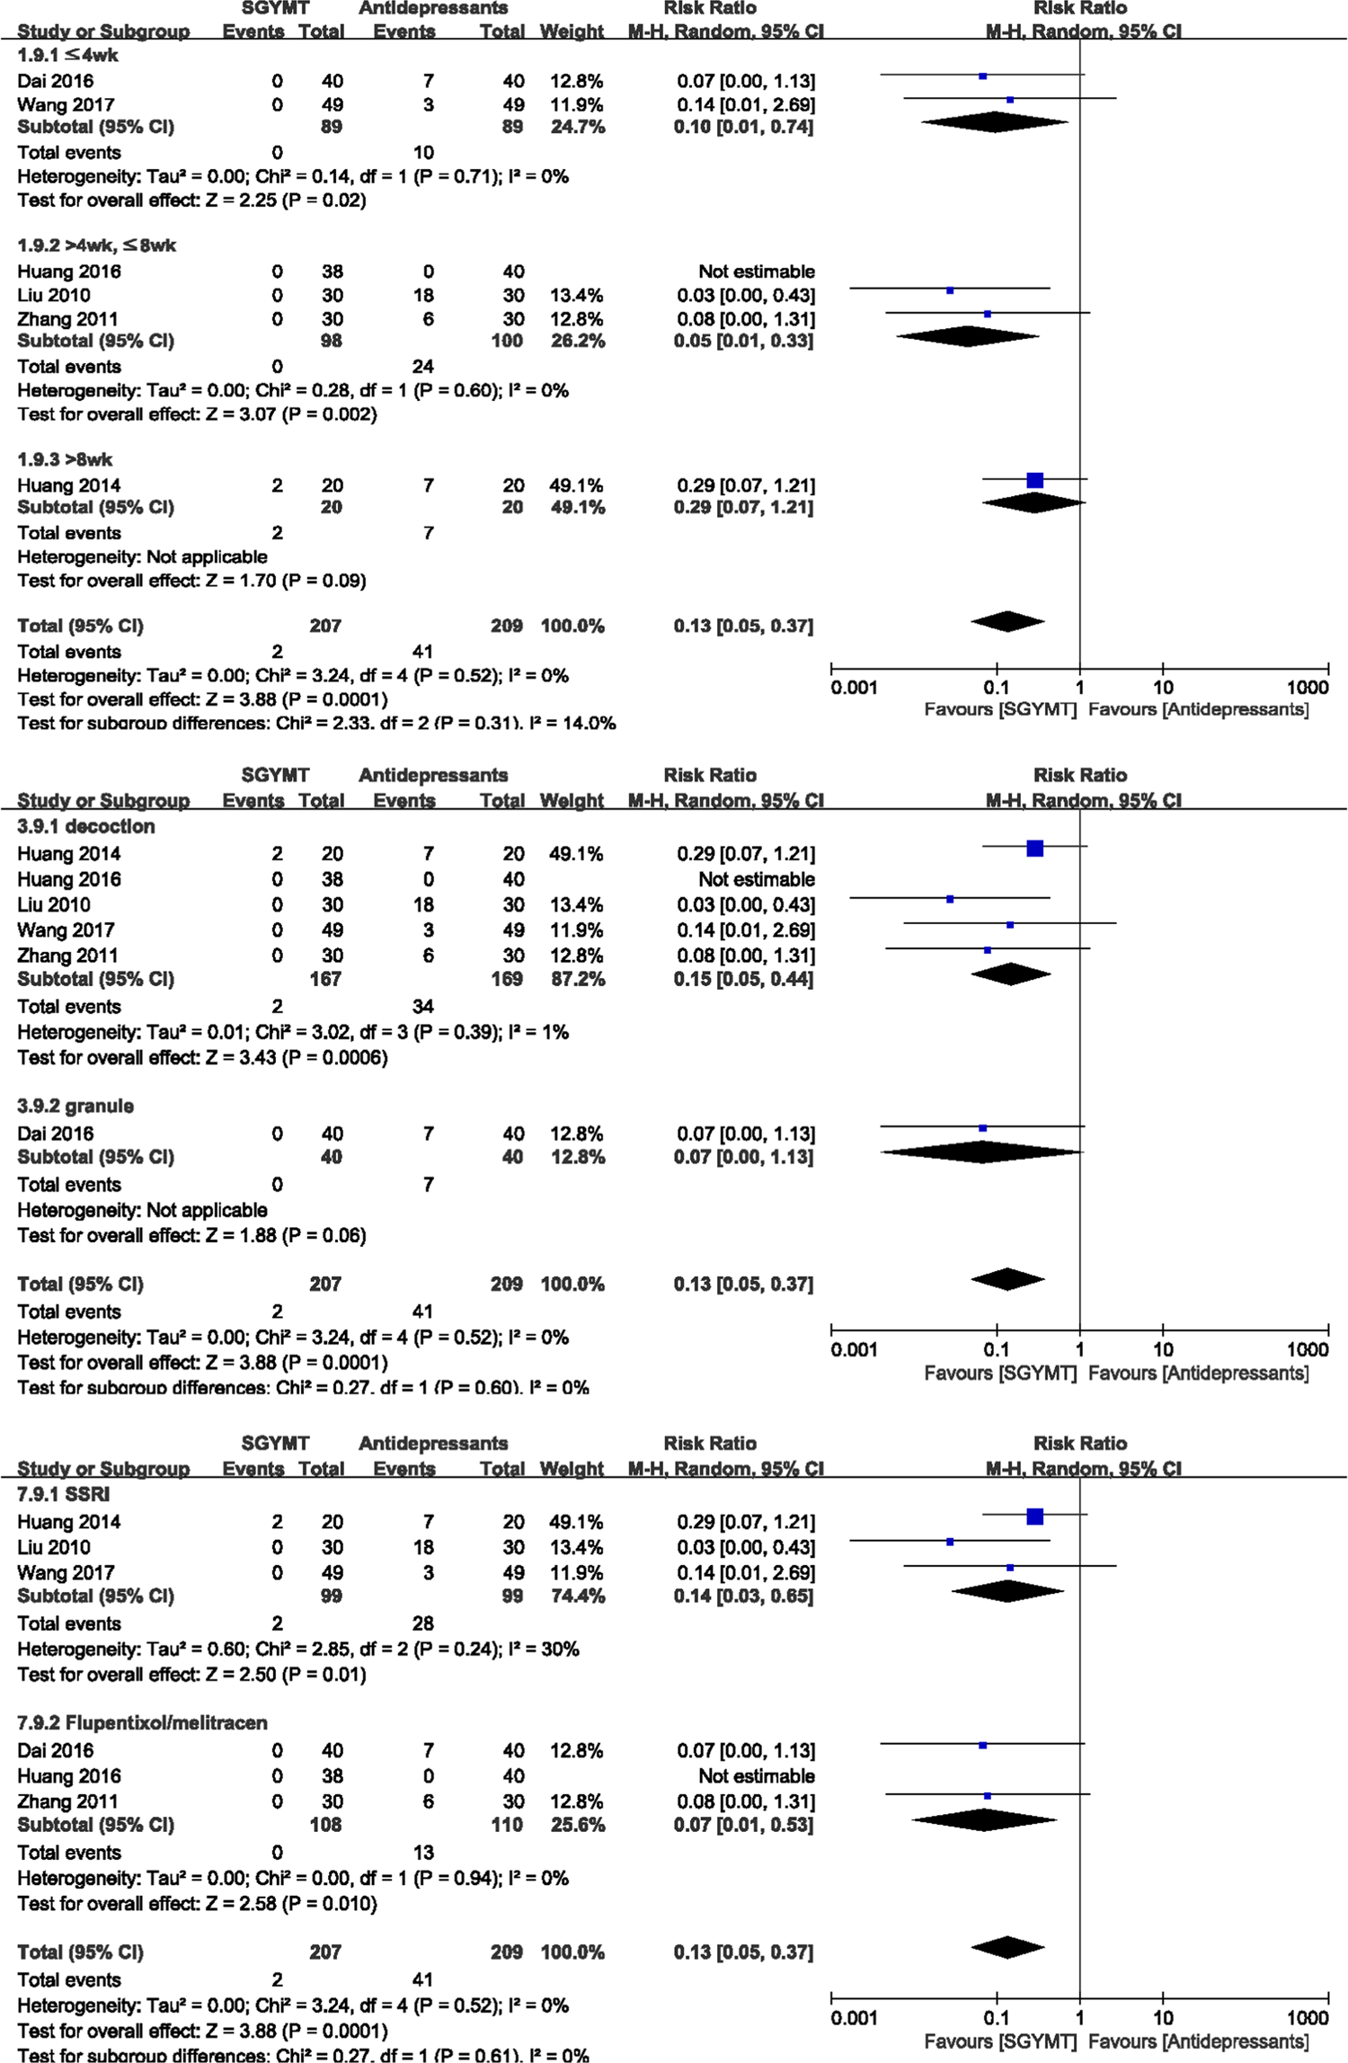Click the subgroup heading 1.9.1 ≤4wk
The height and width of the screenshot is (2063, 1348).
pyautogui.click(x=67, y=56)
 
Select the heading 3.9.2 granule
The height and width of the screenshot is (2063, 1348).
pyautogui.click(x=75, y=1107)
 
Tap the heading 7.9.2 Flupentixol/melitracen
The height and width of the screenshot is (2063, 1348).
pyautogui.click(x=142, y=1723)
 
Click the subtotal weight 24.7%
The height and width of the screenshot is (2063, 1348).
pyautogui.click(x=577, y=127)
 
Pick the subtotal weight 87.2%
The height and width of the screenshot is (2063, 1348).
pyautogui.click(x=577, y=979)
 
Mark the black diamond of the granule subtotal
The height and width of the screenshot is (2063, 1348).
pyautogui.click(x=981, y=1152)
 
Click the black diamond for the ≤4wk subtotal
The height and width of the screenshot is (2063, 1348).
pyautogui.click(x=994, y=122)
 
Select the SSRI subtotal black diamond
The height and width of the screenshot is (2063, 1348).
pyautogui.click(x=1007, y=1591)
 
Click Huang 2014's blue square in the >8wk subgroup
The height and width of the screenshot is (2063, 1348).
pyautogui.click(x=1035, y=481)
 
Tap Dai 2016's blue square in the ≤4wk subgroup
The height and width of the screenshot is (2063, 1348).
pyautogui.click(x=982, y=76)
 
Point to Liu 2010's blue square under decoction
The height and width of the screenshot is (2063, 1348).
pyautogui.click(x=950, y=899)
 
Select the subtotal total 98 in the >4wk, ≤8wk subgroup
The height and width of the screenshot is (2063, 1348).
pyautogui.click(x=332, y=341)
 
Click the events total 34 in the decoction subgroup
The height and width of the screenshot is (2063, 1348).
pyautogui.click(x=422, y=1007)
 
